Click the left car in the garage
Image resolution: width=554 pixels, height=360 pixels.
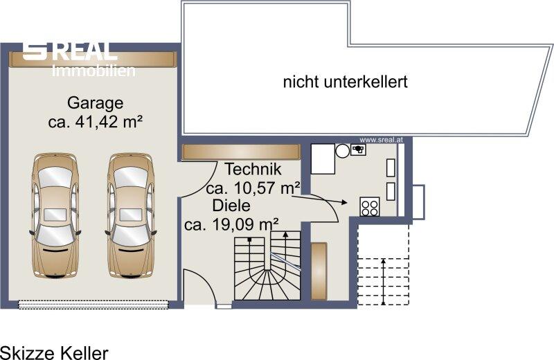(x=55, y=215)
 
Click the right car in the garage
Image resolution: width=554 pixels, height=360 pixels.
(x=131, y=215)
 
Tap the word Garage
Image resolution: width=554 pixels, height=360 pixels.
(x=96, y=103)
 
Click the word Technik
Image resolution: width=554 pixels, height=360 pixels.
(x=253, y=169)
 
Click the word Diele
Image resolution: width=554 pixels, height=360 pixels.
(x=231, y=206)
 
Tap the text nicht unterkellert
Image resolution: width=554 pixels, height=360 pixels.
(x=345, y=82)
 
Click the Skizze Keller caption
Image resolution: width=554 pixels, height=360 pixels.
(x=55, y=352)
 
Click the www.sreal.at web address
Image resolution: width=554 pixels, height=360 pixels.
(x=382, y=140)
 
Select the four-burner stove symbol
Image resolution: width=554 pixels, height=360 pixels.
(x=370, y=207)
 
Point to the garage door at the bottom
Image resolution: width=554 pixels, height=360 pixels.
(x=93, y=305)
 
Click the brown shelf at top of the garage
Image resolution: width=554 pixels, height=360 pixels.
(x=93, y=59)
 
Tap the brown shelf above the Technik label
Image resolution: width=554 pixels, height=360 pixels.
(x=241, y=152)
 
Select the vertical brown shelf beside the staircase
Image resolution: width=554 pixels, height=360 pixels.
(x=319, y=271)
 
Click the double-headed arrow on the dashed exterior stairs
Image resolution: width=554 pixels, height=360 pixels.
(x=384, y=282)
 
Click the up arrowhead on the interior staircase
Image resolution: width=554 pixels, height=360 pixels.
(x=285, y=233)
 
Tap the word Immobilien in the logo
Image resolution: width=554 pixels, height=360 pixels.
(x=93, y=71)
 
